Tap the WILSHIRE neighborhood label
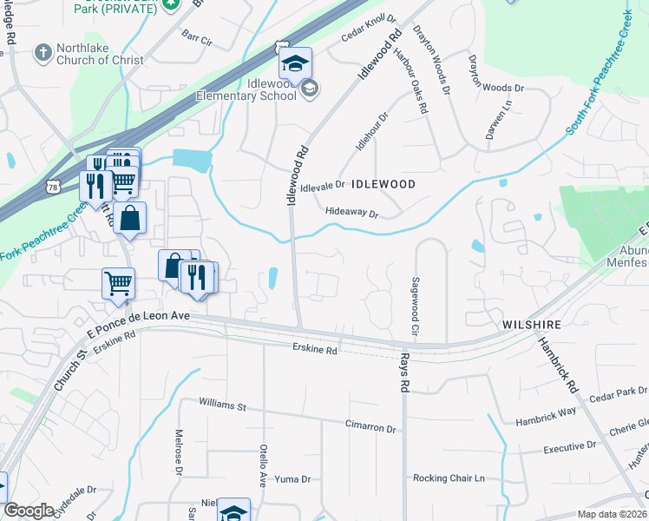pyautogui.click(x=531, y=325)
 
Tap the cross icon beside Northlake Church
pyautogui.click(x=42, y=52)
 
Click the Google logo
pyautogui.click(x=29, y=511)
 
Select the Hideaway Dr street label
pyautogui.click(x=352, y=213)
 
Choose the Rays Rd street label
pyautogui.click(x=403, y=372)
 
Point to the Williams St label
pyautogui.click(x=222, y=405)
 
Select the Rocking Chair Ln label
pyautogui.click(x=448, y=478)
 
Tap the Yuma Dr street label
pyautogui.click(x=292, y=479)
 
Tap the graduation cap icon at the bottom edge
pyautogui.click(x=233, y=511)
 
